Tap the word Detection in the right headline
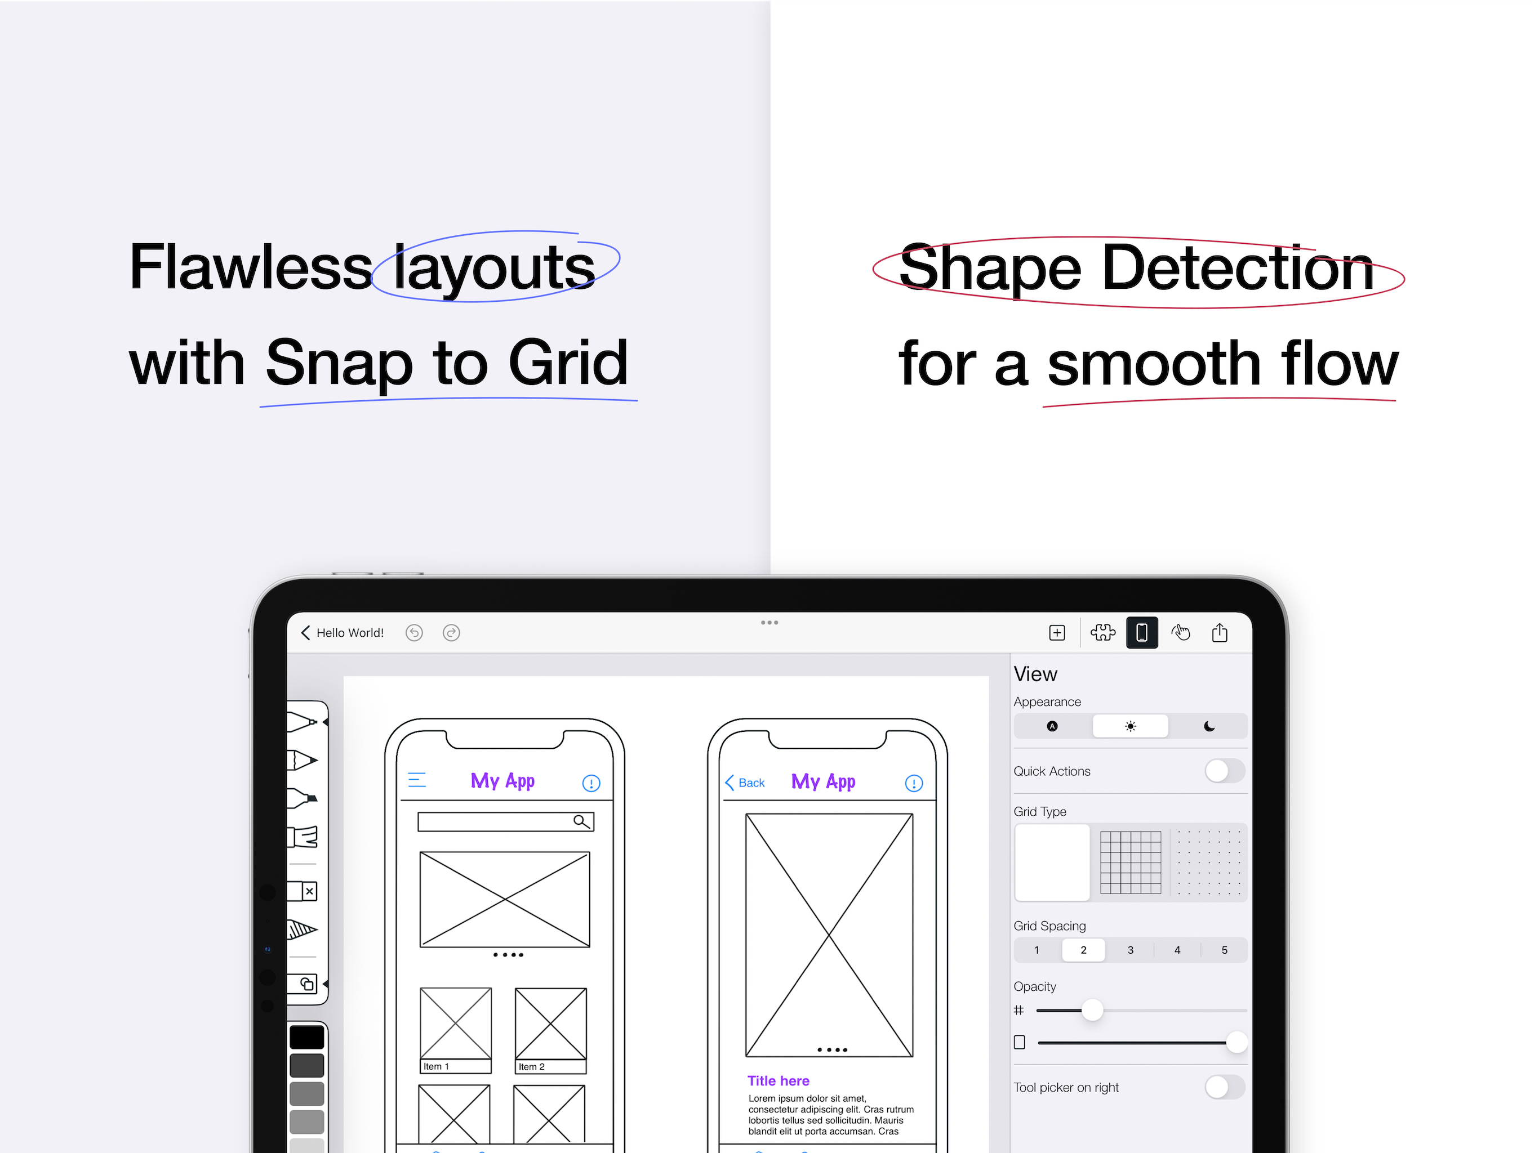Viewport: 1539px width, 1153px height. (x=1238, y=268)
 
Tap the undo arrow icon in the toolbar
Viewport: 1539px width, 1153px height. (x=414, y=633)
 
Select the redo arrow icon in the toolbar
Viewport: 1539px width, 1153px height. (x=452, y=633)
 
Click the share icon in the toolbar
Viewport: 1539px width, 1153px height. (x=1220, y=632)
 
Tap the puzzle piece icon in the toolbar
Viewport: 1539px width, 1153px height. (x=1103, y=632)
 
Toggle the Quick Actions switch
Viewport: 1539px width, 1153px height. (x=1225, y=771)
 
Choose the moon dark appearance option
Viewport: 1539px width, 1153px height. (x=1209, y=726)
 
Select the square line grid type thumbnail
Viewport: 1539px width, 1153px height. (x=1131, y=862)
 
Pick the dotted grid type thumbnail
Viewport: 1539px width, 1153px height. (x=1209, y=862)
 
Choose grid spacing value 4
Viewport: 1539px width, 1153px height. (x=1177, y=950)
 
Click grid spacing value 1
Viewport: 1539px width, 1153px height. (x=1037, y=950)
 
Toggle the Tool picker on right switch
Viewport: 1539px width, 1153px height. (x=1225, y=1087)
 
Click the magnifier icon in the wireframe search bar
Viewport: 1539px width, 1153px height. (x=582, y=822)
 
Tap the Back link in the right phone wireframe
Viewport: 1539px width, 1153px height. (x=745, y=783)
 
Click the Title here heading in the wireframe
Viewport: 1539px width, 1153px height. (x=779, y=1081)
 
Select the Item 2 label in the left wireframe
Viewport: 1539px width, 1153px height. (x=532, y=1067)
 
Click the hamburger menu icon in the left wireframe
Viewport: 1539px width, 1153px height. (x=417, y=780)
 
